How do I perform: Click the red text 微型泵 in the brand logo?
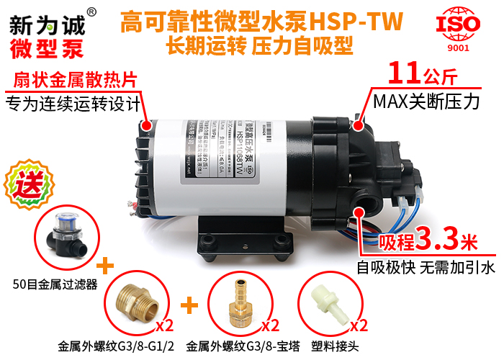pos(46,48)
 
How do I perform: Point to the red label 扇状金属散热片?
pos(75,78)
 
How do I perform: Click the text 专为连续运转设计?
pos(72,104)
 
